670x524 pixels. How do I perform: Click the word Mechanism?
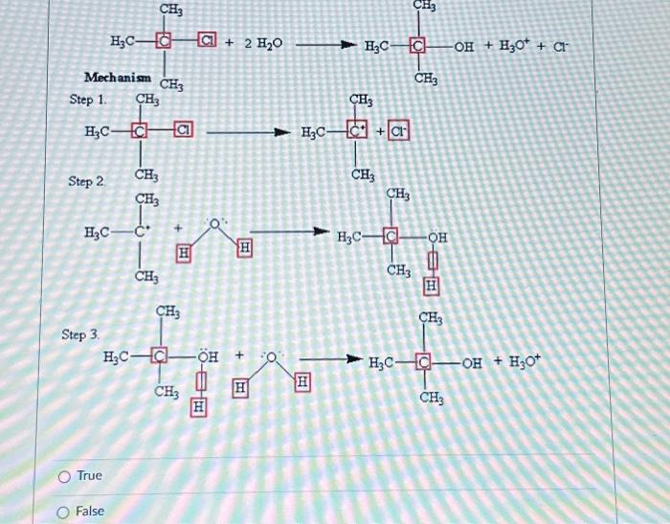click(115, 77)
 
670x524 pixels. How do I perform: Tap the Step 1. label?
click(88, 100)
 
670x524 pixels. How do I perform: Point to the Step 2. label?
click(87, 180)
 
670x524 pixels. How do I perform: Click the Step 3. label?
click(80, 334)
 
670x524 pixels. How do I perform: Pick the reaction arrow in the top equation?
click(325, 44)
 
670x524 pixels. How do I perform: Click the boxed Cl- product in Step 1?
click(397, 131)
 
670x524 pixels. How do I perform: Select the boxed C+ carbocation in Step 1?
click(360, 131)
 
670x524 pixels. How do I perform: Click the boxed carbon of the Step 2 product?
click(391, 236)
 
